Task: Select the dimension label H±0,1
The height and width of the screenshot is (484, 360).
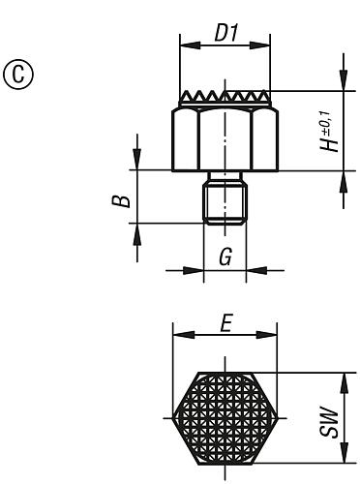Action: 332,132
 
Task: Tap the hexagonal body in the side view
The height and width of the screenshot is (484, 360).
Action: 225,139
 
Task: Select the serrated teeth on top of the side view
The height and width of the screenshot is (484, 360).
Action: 225,99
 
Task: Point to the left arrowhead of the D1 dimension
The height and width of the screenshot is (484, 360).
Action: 187,44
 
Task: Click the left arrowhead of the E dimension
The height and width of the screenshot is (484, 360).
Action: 177,336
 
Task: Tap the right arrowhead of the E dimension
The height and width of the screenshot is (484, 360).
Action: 273,336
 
